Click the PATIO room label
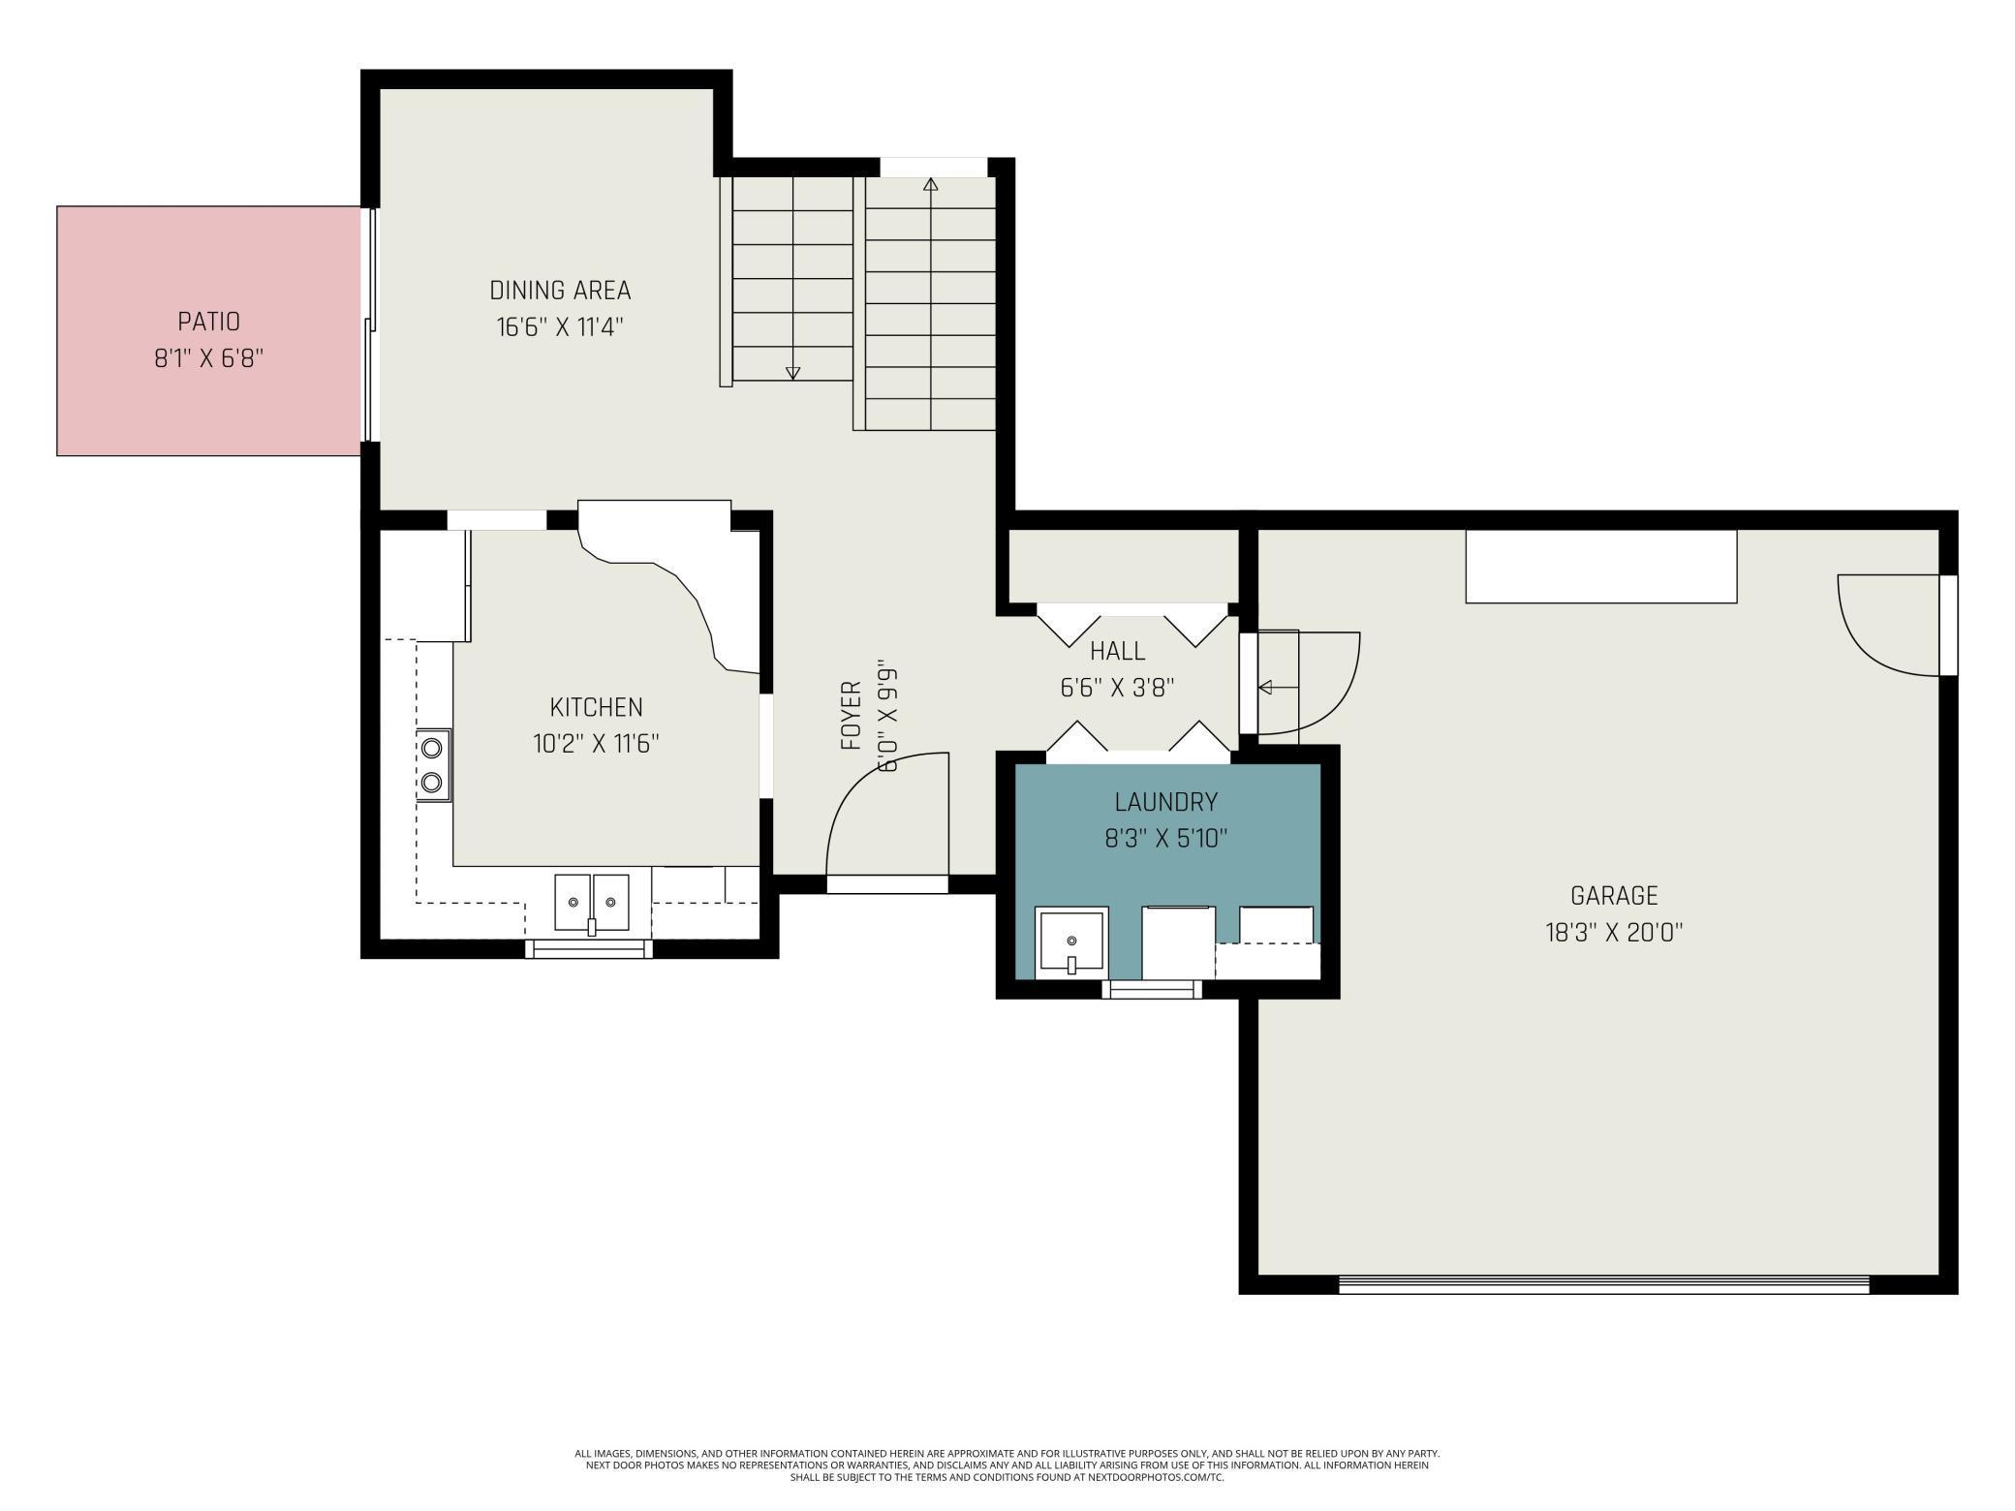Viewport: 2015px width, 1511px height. [208, 321]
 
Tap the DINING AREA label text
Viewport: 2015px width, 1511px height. [560, 290]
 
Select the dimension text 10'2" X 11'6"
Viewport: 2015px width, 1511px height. [596, 744]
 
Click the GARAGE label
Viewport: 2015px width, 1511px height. [1614, 895]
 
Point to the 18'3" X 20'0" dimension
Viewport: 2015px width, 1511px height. [1614, 933]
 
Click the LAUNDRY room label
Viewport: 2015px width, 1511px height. [1165, 802]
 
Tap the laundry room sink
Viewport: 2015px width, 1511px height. [1071, 942]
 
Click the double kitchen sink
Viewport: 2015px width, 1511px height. [591, 903]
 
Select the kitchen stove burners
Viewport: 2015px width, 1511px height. [433, 765]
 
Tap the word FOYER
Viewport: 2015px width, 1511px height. [852, 716]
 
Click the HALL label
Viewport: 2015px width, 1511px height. [1117, 650]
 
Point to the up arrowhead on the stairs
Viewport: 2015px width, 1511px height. [931, 184]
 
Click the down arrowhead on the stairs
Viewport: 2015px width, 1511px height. [792, 373]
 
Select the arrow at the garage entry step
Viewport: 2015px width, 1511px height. [1278, 688]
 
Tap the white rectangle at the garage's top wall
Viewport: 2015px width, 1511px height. [1600, 567]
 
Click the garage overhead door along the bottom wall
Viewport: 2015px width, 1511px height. [1603, 1284]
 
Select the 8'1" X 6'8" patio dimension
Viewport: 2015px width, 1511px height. [208, 358]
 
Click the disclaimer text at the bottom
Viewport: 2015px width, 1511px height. [1007, 1465]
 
